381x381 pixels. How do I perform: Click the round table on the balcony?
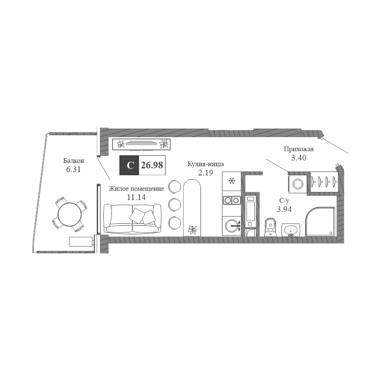69,214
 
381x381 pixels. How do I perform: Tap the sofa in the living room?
132,218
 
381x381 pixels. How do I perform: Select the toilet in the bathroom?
270,227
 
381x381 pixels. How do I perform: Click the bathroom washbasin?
291,230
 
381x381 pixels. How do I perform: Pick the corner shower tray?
320,221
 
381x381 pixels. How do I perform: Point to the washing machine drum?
298,184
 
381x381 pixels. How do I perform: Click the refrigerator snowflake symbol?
231,181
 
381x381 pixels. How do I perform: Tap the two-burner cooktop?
232,200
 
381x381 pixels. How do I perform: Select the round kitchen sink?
231,226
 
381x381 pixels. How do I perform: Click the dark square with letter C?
129,165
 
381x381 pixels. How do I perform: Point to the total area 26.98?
152,165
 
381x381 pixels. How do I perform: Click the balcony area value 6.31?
73,169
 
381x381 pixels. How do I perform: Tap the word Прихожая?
299,149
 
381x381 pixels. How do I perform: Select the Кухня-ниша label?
206,164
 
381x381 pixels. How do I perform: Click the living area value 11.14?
136,197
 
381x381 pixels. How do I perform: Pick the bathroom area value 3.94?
284,209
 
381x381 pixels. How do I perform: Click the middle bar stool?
174,204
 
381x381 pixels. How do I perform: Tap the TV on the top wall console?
141,143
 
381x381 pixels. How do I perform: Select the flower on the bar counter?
192,230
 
